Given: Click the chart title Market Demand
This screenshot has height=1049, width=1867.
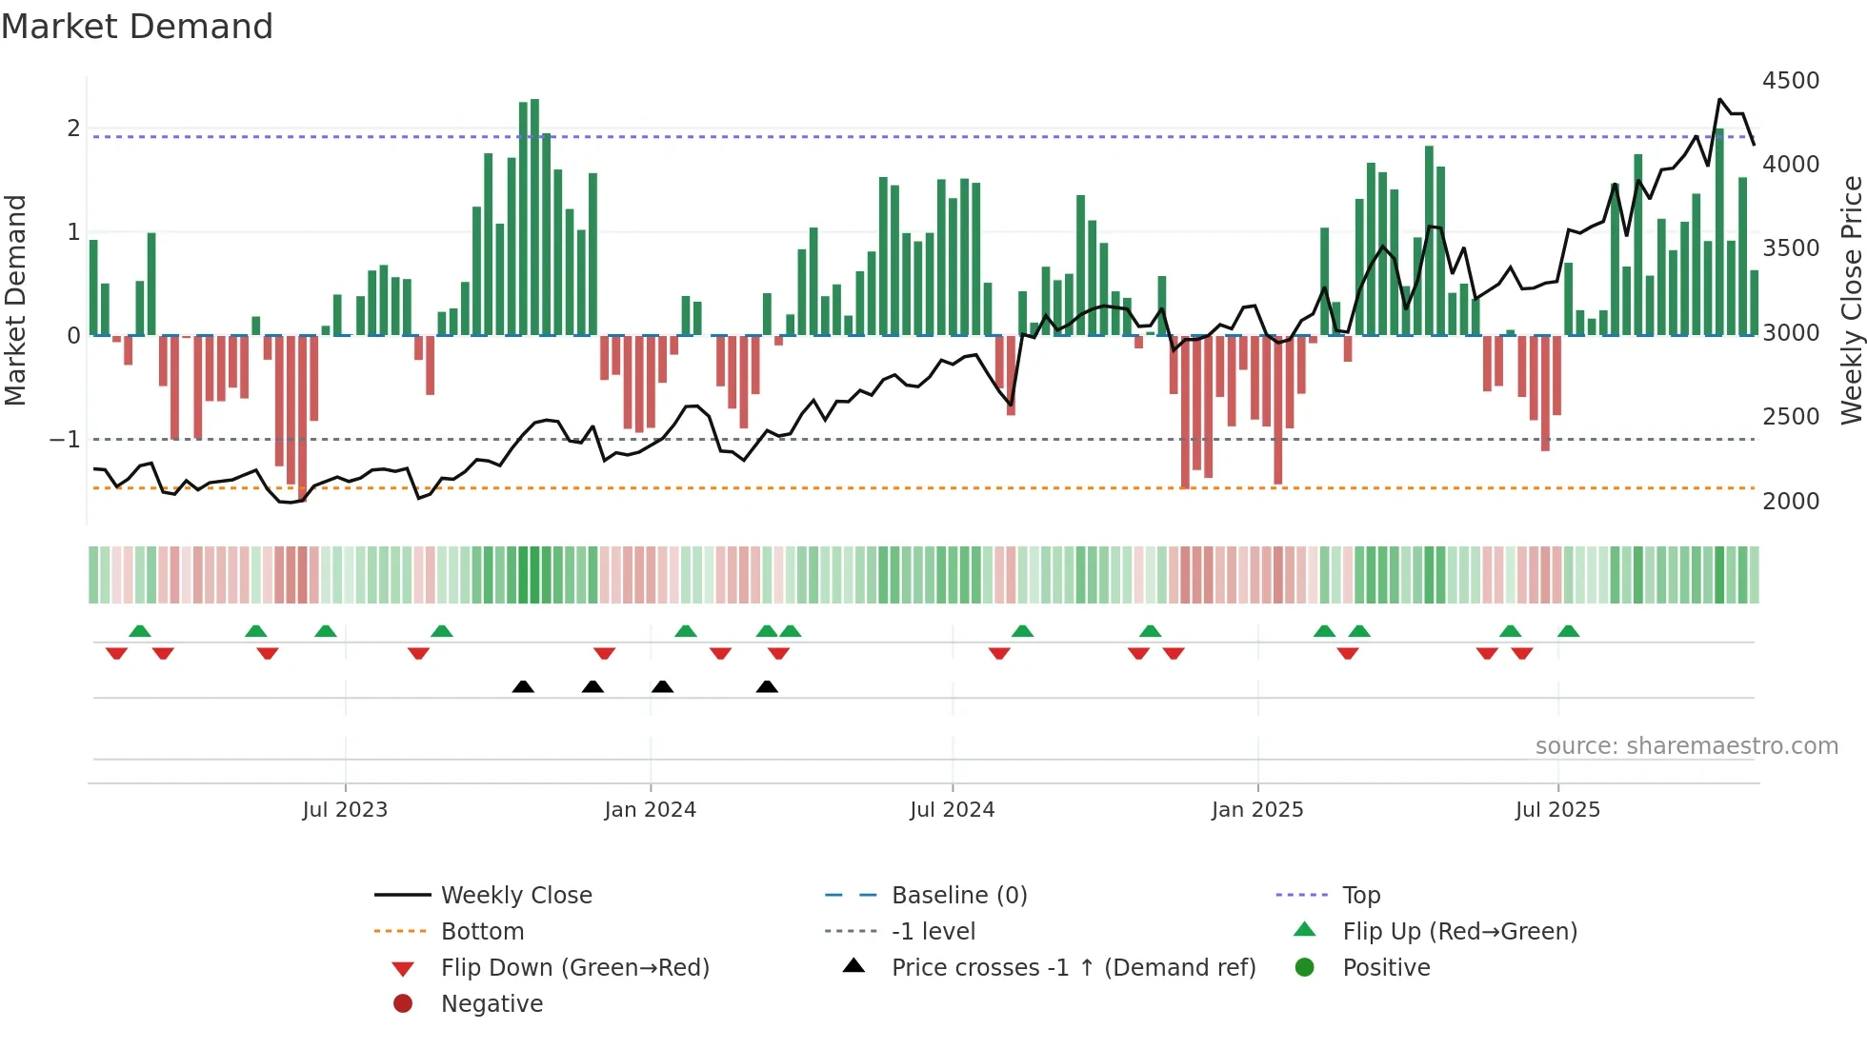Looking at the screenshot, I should [x=137, y=27].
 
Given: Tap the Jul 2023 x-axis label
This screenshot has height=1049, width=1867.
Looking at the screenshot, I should [x=345, y=810].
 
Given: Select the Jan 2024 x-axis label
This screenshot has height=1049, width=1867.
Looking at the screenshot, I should [x=650, y=810].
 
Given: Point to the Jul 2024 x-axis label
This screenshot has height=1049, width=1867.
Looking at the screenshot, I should [x=952, y=810].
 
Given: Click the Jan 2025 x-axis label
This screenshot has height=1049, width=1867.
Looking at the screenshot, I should [x=1257, y=810].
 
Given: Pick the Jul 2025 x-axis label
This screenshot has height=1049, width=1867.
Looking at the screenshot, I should [x=1557, y=810].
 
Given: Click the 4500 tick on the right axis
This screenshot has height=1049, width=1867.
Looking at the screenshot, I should [x=1791, y=81].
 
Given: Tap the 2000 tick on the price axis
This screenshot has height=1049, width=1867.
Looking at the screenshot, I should [x=1791, y=502].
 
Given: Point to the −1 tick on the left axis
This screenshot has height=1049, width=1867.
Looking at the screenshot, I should [x=65, y=440].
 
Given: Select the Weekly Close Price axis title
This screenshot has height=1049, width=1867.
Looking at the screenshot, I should [x=1851, y=300].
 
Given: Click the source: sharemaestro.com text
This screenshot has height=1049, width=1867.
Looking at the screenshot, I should [x=1686, y=746].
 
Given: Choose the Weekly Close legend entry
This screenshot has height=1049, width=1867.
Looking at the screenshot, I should [x=516, y=896].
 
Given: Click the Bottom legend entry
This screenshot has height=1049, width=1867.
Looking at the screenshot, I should [x=482, y=932].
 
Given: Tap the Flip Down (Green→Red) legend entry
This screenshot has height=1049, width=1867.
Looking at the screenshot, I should [x=574, y=968].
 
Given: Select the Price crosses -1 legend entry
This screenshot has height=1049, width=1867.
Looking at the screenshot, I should [x=1074, y=968].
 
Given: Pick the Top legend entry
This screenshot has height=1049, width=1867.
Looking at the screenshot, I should [x=1361, y=896].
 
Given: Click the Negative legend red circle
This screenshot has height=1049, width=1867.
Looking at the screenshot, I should [x=403, y=1003].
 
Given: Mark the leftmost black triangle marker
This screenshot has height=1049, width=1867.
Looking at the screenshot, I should [x=523, y=687].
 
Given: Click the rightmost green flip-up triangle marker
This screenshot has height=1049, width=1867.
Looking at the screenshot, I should [x=1568, y=631].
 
